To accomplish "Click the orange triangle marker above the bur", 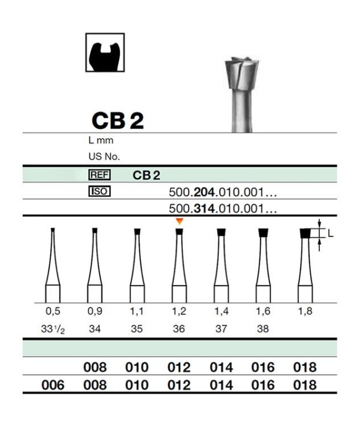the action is point(179,221).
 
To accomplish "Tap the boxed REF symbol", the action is point(100,175).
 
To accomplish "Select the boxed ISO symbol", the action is point(100,191).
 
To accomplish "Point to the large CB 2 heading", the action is point(118,121).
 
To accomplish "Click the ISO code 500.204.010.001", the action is point(223,193).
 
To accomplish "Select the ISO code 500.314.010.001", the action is point(223,209).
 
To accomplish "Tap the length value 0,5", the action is point(53,311).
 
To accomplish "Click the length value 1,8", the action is point(305,311).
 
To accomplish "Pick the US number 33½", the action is point(53,329).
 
